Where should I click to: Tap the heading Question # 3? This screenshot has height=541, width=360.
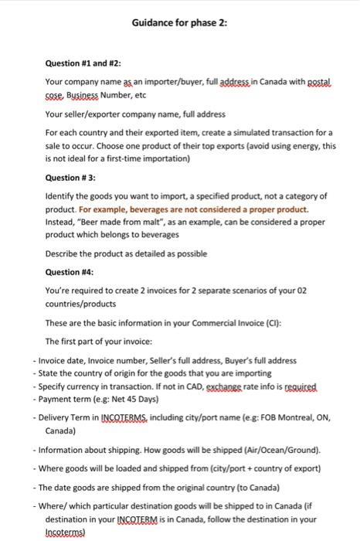pos(72,176)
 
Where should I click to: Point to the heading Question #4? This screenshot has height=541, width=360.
pos(69,271)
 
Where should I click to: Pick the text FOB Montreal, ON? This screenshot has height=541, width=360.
pos(294,418)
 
